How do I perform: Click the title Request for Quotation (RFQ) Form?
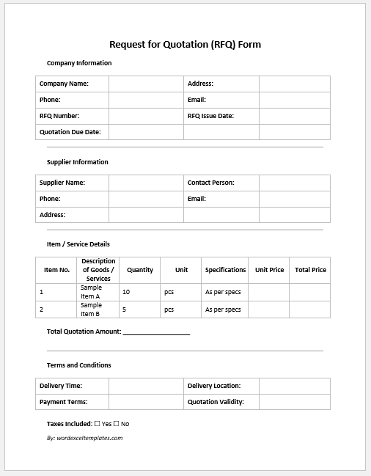click(x=185, y=44)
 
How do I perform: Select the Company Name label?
click(x=64, y=84)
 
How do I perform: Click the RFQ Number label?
click(x=59, y=116)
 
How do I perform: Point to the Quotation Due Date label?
click(x=70, y=132)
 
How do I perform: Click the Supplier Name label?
click(x=62, y=183)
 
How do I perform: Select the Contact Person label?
click(x=211, y=183)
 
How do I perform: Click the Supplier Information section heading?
click(x=78, y=162)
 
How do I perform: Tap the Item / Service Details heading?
click(x=78, y=244)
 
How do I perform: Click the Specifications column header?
click(x=225, y=270)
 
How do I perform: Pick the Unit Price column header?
click(x=269, y=270)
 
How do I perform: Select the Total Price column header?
click(x=310, y=270)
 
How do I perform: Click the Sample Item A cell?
click(x=92, y=292)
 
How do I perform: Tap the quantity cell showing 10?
click(x=126, y=292)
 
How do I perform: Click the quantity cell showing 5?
click(x=125, y=310)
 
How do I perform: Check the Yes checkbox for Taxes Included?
click(x=98, y=423)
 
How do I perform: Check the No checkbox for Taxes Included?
click(x=116, y=423)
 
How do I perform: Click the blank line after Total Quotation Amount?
click(x=156, y=332)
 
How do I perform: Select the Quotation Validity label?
click(x=216, y=402)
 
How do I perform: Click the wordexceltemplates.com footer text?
click(x=84, y=438)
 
